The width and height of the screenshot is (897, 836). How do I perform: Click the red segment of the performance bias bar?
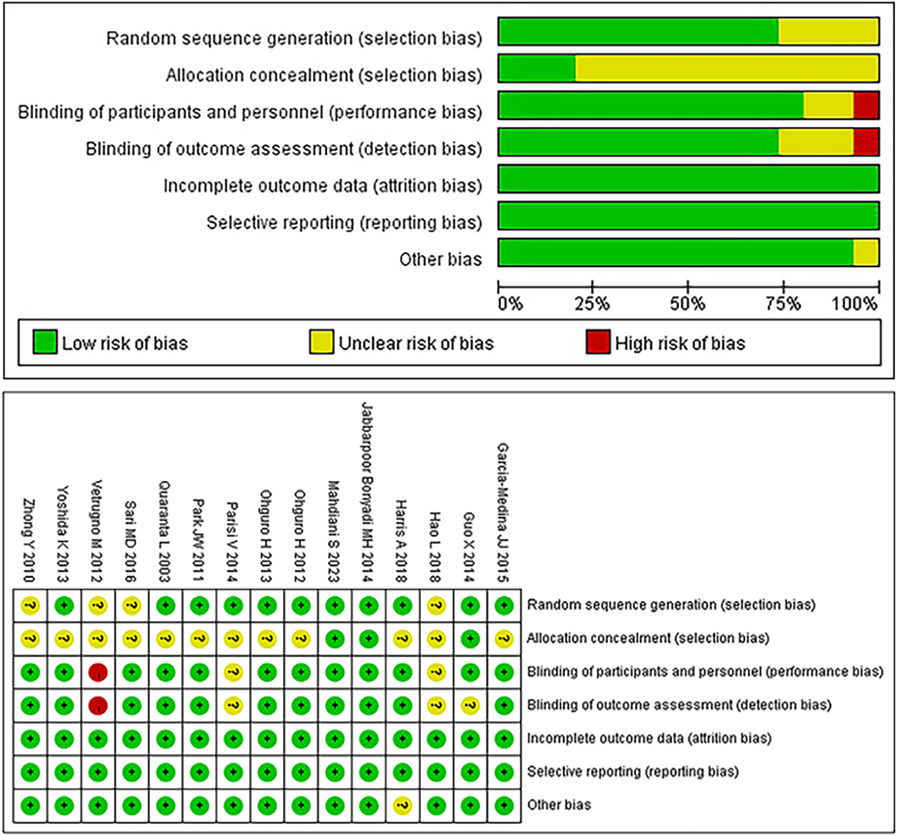[x=866, y=105]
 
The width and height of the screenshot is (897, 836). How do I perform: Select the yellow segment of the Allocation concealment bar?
[x=727, y=68]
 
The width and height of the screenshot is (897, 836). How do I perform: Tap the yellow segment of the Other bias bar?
[x=866, y=253]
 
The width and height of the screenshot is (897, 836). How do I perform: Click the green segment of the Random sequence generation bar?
[x=638, y=32]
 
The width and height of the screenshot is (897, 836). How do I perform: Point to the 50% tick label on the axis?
[x=687, y=303]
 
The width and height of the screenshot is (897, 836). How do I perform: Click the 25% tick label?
[x=592, y=303]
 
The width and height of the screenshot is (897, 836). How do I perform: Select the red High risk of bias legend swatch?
[x=598, y=343]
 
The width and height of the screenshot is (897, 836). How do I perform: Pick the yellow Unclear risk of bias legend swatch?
[x=321, y=343]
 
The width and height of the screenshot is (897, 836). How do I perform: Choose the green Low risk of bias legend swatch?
[x=45, y=343]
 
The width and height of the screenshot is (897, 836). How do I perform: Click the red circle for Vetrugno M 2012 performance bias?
[x=98, y=672]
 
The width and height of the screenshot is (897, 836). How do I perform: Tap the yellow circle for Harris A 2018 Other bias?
[x=402, y=806]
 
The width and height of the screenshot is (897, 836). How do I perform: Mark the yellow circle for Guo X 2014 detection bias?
[x=470, y=706]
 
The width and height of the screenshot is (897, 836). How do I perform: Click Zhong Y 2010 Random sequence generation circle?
[x=30, y=605]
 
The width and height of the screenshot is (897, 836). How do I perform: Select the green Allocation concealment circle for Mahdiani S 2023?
[x=335, y=639]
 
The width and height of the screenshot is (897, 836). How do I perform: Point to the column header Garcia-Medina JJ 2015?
[x=503, y=512]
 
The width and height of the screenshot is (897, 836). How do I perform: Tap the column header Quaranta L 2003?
[x=165, y=531]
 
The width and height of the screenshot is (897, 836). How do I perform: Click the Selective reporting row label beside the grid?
[x=632, y=772]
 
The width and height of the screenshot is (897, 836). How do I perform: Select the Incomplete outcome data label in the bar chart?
[x=322, y=186]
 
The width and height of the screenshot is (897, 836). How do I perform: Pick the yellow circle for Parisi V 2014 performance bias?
[x=233, y=672]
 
